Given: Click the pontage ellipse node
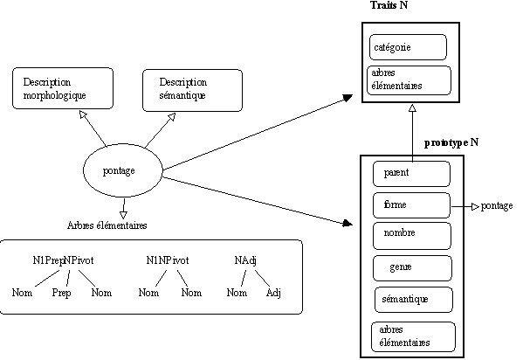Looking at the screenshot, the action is click(x=123, y=170).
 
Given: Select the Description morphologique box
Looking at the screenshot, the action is click(x=63, y=88).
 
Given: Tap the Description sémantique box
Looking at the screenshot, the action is click(x=192, y=90).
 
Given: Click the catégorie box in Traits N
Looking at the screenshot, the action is click(x=408, y=47).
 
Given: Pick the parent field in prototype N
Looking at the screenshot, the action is click(x=411, y=174).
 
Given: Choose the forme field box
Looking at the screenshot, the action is click(x=411, y=205).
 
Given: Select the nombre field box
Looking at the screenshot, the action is click(x=412, y=236).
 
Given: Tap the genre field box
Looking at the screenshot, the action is click(x=412, y=268).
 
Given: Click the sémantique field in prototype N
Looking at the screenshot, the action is click(x=414, y=300).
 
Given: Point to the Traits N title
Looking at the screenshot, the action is click(x=389, y=5).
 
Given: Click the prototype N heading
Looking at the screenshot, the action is click(x=451, y=143).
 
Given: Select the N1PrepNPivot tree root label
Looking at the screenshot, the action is click(x=63, y=260).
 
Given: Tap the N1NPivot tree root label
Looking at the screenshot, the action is click(x=168, y=260).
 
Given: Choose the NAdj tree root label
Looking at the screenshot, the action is click(x=245, y=260).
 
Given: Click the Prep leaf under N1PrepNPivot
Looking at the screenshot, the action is click(x=61, y=293).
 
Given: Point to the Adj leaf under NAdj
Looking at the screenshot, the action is click(x=273, y=293).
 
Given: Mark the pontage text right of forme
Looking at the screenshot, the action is click(x=497, y=206).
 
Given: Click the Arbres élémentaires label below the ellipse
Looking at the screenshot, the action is click(x=107, y=225).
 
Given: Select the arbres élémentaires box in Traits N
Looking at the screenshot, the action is click(x=409, y=80).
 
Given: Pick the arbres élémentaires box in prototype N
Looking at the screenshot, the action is click(x=413, y=336).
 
